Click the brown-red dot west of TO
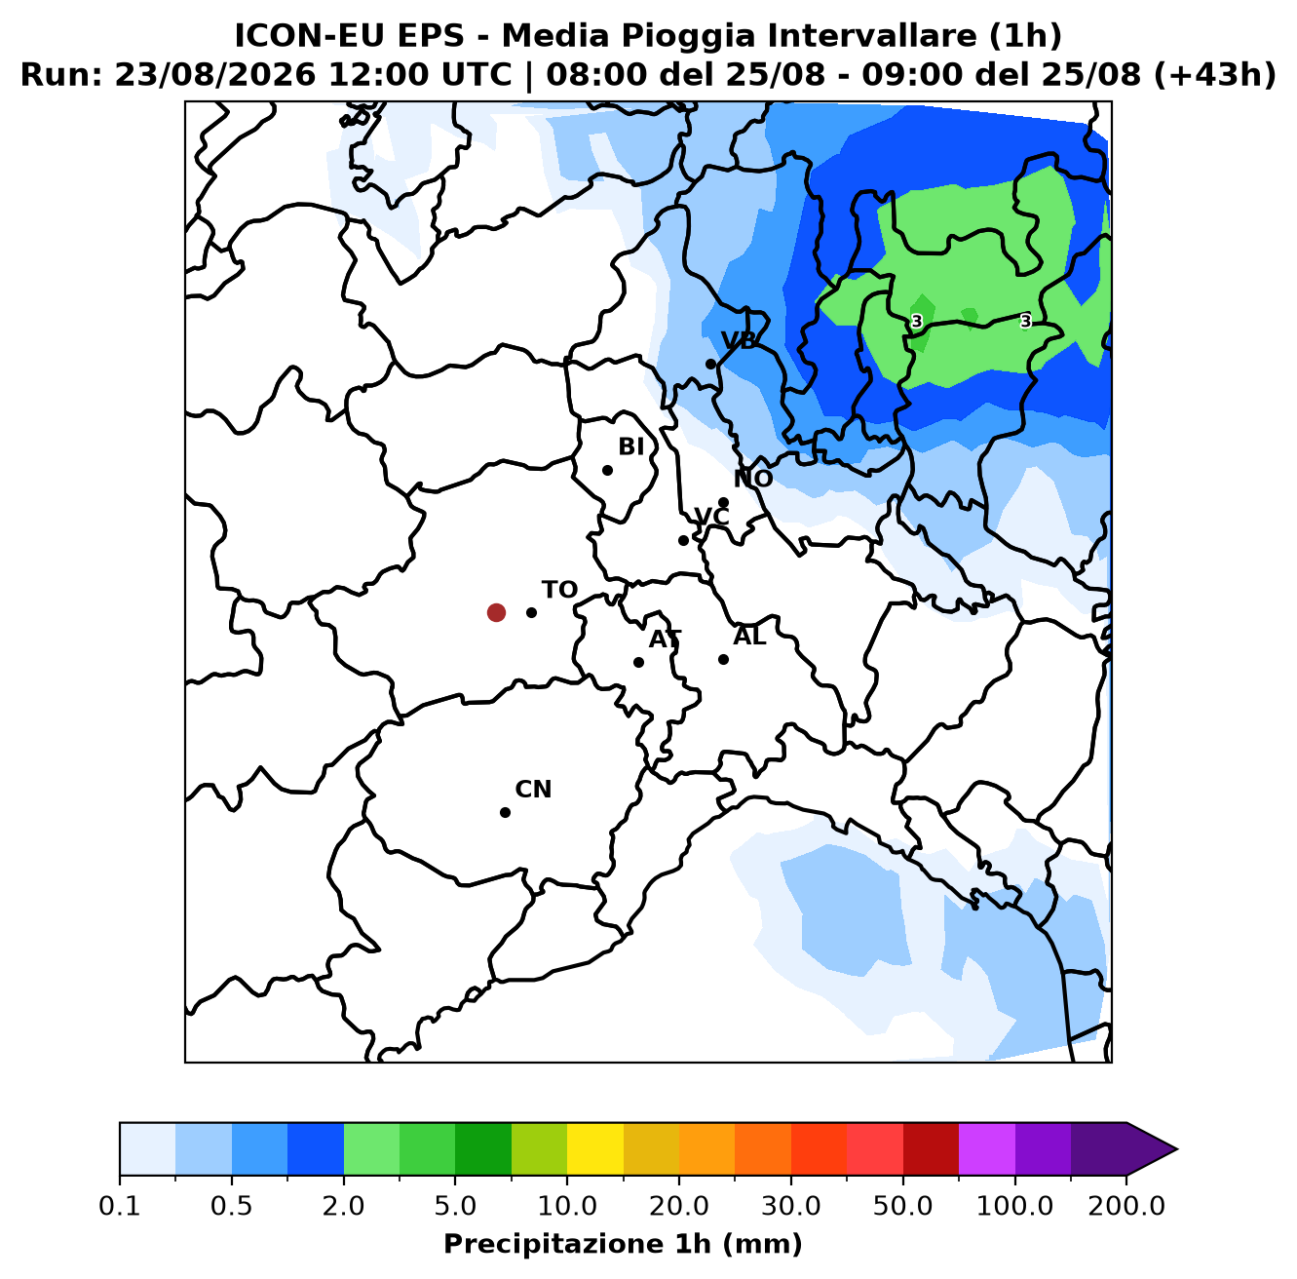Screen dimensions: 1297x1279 (x=496, y=612)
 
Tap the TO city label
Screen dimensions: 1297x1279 (x=559, y=590)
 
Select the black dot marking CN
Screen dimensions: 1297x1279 (x=505, y=812)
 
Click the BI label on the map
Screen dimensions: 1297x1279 (x=630, y=446)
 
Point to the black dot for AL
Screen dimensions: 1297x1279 (x=723, y=659)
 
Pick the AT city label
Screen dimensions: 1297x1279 (x=665, y=639)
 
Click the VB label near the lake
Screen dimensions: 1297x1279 (x=739, y=341)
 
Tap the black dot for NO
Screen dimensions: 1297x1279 (x=723, y=502)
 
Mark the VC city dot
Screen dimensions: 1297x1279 (x=683, y=540)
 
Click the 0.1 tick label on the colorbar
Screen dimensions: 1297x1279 (x=119, y=1206)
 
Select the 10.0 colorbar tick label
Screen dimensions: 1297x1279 (x=567, y=1206)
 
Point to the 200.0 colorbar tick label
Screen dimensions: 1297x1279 (x=1126, y=1206)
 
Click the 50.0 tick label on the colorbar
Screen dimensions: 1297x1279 (x=902, y=1206)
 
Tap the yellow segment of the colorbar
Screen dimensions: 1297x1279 (x=595, y=1148)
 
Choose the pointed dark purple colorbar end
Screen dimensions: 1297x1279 (x=1151, y=1148)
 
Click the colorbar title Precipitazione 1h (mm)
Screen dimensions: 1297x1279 (x=623, y=1244)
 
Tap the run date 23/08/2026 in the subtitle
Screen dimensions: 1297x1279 (x=214, y=75)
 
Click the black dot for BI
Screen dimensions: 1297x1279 (x=607, y=470)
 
